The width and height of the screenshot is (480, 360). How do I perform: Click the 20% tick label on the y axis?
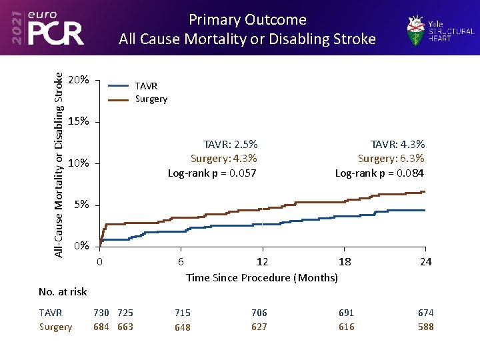point(79,80)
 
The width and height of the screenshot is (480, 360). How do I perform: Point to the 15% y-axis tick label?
point(79,121)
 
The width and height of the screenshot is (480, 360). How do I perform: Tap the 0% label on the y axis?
point(81,246)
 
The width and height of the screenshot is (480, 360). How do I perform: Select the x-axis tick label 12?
point(263,261)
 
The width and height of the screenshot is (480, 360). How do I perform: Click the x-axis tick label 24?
point(425,261)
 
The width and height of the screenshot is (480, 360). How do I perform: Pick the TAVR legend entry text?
point(146,86)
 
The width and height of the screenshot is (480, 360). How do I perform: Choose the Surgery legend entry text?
point(151,99)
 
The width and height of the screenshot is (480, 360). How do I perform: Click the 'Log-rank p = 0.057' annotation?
point(212,173)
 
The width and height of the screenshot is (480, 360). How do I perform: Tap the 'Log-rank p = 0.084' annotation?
point(379,173)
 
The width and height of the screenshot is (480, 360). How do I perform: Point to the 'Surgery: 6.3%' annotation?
point(391,159)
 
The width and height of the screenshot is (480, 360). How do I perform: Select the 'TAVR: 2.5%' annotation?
point(230,144)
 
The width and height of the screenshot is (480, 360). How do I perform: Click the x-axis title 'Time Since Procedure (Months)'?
point(262,277)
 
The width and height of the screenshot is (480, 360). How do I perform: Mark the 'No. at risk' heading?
point(63,291)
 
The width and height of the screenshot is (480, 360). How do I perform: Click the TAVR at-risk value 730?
point(101,313)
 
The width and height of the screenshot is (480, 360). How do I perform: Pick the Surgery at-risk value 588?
point(425,327)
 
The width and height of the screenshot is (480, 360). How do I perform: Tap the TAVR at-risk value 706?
point(259,313)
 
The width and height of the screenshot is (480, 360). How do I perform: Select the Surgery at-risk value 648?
point(182,327)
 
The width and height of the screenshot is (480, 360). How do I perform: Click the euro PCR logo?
point(47,27)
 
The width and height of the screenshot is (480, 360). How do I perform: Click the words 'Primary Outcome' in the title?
point(247,19)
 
